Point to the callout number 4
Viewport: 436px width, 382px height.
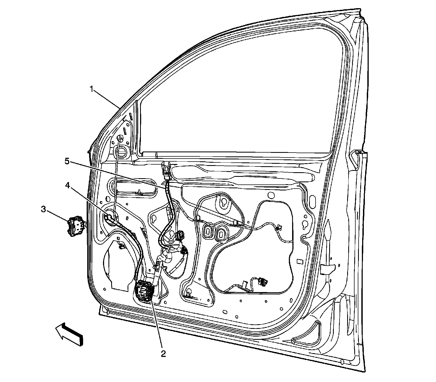[68, 185]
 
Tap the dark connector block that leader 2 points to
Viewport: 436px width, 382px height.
[144, 291]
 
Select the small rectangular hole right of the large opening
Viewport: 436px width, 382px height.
[300, 261]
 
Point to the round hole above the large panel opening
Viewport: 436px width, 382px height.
[271, 195]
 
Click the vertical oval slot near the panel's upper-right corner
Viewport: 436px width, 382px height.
[312, 202]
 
